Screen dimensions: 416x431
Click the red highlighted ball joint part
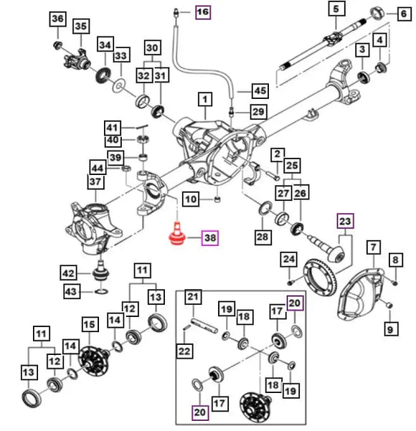coord(177,234)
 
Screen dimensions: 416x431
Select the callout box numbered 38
coord(210,238)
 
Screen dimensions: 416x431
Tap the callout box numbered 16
coord(203,12)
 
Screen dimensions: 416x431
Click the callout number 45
coord(260,90)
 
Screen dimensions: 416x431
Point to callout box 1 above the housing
coord(205,99)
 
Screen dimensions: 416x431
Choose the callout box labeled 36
coord(58,19)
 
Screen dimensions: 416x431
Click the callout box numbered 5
coord(336,9)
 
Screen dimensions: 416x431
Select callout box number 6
coord(404,14)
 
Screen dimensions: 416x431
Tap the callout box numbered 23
coord(345,221)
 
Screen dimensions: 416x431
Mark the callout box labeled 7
coord(373,247)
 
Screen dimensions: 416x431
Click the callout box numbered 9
coord(390,329)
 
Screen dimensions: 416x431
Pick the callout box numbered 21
coord(193,297)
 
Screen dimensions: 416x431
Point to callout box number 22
coord(184,351)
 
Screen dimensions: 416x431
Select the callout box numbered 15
coord(90,325)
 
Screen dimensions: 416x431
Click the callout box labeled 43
coord(71,291)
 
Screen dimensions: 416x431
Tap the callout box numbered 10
coord(191,199)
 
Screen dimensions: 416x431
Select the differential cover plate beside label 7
coord(361,295)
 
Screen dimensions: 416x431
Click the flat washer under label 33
coord(119,86)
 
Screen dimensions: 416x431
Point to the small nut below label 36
coord(57,44)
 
